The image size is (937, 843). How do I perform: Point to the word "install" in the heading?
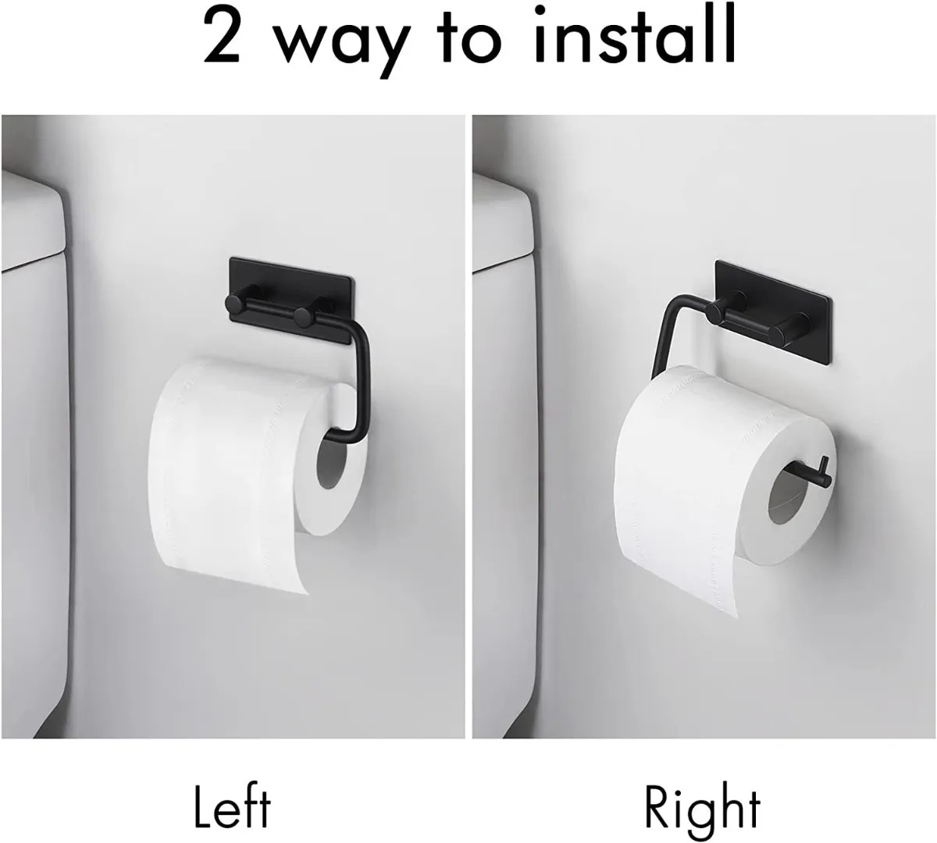[x=633, y=34]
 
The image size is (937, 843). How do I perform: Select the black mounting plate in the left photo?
[x=292, y=300]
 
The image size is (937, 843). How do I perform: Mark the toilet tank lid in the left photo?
[x=33, y=222]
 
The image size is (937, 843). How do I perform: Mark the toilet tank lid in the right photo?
[x=503, y=224]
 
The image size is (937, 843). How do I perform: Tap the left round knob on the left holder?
[x=233, y=304]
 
